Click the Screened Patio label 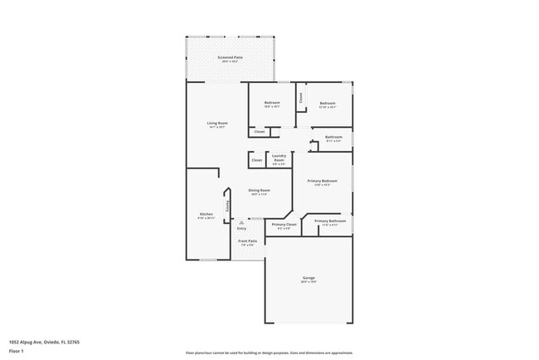227,57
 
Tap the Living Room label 217,124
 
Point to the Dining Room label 260,190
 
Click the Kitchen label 206,215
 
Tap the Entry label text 241,227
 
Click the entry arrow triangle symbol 241,221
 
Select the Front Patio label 249,241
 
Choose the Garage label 308,278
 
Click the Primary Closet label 284,224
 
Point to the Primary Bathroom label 330,221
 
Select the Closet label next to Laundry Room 256,159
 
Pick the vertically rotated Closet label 301,97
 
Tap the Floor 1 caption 17,351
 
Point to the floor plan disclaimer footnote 269,352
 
